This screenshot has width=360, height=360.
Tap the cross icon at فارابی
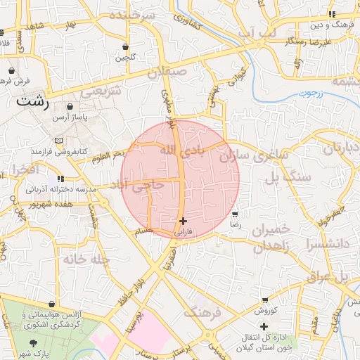point(183,221)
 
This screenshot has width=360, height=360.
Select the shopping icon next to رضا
point(236,213)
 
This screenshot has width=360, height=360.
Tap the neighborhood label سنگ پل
point(287,177)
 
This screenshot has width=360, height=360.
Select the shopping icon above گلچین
point(126,46)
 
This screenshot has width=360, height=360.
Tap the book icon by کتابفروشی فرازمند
point(58,141)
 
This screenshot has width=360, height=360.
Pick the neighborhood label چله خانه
point(86,259)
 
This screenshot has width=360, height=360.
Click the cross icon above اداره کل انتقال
point(264,326)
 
